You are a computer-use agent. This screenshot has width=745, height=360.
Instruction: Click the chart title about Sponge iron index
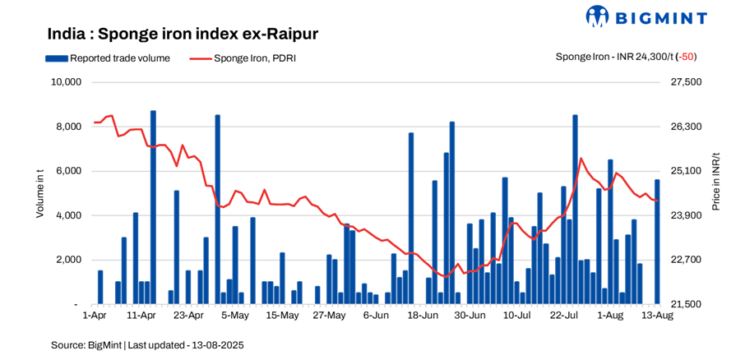[x=183, y=35]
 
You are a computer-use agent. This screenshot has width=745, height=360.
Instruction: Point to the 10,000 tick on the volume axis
[x=65, y=82]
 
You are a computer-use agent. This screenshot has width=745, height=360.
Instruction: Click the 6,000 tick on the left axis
[x=68, y=171]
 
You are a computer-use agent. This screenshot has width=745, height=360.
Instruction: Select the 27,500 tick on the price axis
[x=687, y=82]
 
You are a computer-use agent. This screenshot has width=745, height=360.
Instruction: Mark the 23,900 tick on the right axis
[x=687, y=215]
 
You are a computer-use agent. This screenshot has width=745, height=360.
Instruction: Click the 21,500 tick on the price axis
[x=687, y=304]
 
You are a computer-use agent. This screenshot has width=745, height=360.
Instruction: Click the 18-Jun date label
[x=422, y=315]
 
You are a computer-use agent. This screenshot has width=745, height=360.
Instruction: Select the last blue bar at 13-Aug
[x=657, y=242]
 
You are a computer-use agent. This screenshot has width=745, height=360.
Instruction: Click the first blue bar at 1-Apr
[x=100, y=287]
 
